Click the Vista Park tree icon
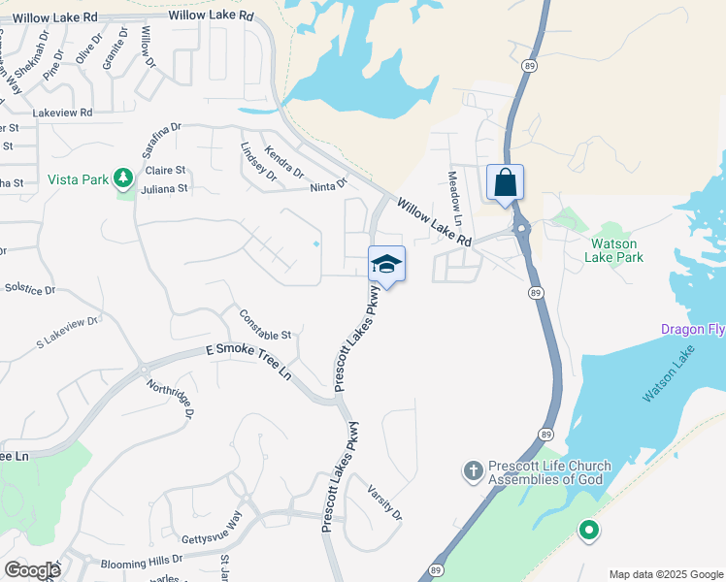(123, 178)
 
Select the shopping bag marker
(505, 182)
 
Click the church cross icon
(474, 471)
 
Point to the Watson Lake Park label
(614, 250)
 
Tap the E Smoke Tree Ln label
(247, 361)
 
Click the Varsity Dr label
(385, 501)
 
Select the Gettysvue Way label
(211, 533)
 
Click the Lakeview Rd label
(62, 113)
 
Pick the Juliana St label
(164, 189)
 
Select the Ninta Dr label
(328, 185)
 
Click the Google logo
(32, 570)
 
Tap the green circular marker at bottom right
(587, 531)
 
